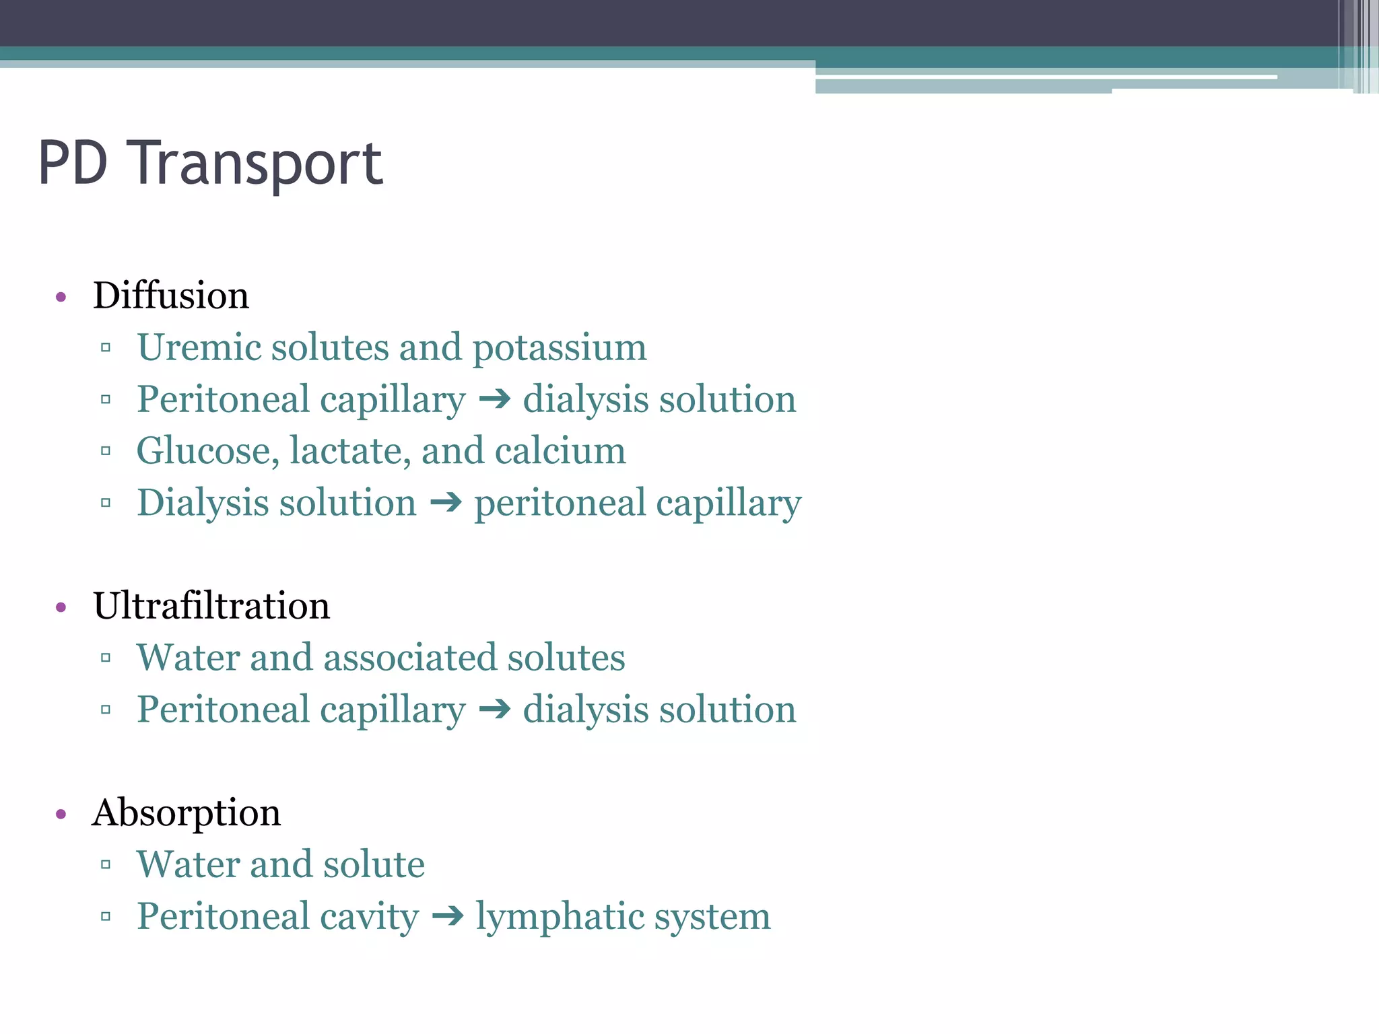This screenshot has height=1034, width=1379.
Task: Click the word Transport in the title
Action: tap(258, 164)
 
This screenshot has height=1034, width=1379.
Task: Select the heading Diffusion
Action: tap(171, 296)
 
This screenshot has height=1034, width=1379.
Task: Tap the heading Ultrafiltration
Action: tap(211, 605)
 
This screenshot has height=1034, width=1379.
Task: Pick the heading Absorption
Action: tap(187, 813)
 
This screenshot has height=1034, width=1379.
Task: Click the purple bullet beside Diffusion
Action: tap(61, 297)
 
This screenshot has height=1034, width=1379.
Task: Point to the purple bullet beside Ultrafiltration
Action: tap(61, 607)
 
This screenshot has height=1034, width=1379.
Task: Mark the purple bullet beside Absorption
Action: tap(61, 815)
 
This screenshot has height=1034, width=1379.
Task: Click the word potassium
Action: tap(559, 348)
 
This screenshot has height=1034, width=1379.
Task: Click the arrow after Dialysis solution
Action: tap(446, 502)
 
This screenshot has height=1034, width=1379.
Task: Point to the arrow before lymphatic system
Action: tap(448, 916)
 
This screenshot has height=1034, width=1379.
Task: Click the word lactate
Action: tap(349, 451)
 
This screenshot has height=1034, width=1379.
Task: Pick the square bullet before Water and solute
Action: tap(106, 864)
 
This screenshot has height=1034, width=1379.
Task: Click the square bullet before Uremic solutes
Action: tap(106, 348)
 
